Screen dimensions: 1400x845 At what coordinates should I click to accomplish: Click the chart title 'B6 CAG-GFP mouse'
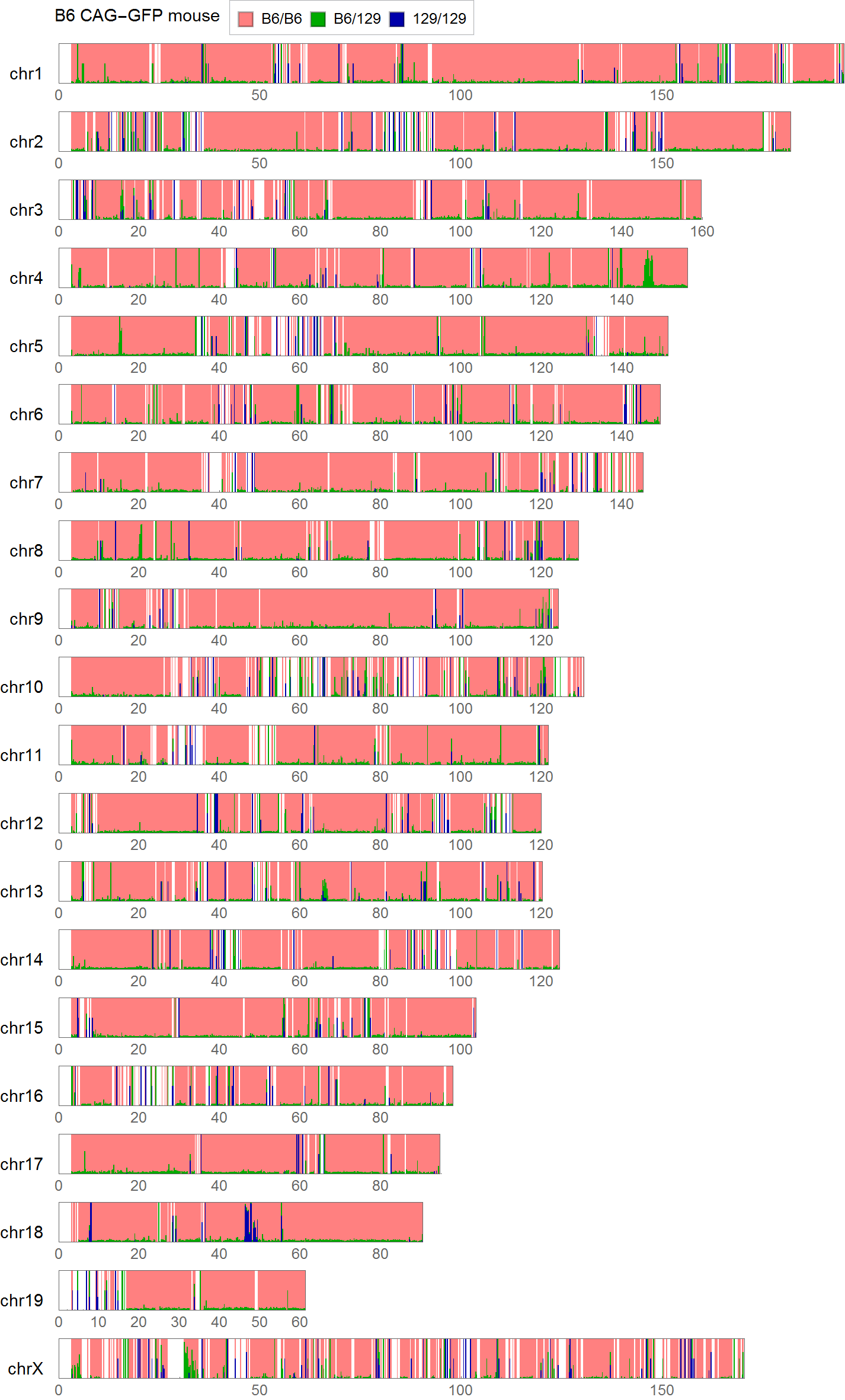pyautogui.click(x=137, y=16)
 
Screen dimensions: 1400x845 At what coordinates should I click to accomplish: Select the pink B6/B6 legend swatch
pyautogui.click(x=245, y=19)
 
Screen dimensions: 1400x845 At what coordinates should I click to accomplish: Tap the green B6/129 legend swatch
pyautogui.click(x=318, y=19)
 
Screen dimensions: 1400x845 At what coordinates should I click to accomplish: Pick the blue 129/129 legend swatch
pyautogui.click(x=397, y=19)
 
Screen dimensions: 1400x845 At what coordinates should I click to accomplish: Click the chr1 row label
pyautogui.click(x=26, y=73)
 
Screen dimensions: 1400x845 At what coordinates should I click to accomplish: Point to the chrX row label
pyautogui.click(x=25, y=1369)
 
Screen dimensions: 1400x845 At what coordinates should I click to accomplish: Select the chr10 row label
pyautogui.click(x=22, y=687)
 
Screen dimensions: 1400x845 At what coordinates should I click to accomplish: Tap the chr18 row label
pyautogui.click(x=22, y=1232)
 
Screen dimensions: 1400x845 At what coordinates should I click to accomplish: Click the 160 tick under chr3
pyautogui.click(x=702, y=232)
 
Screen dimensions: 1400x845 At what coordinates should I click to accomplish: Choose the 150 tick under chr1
pyautogui.click(x=662, y=95)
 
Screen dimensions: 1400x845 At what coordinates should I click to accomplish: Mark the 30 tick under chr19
pyautogui.click(x=179, y=1322)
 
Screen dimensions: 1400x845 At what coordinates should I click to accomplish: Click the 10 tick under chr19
pyautogui.click(x=98, y=1322)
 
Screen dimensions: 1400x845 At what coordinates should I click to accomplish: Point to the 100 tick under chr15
pyautogui.click(x=460, y=1050)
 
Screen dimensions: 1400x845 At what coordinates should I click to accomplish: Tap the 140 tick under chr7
pyautogui.click(x=622, y=504)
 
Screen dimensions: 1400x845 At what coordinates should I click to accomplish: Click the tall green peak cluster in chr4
pyautogui.click(x=649, y=270)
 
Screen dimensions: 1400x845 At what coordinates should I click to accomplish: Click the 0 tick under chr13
pyautogui.click(x=59, y=913)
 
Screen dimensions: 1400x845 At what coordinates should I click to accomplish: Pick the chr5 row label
pyautogui.click(x=26, y=346)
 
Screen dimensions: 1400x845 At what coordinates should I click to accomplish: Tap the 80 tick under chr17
pyautogui.click(x=380, y=1186)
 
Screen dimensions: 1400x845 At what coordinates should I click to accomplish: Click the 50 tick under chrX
pyautogui.click(x=260, y=1391)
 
